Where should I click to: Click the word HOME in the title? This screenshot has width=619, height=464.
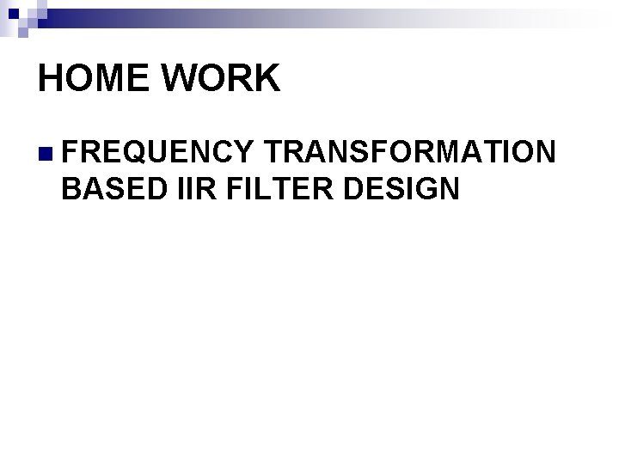(95, 78)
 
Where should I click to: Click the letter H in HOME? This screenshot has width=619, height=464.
(51, 78)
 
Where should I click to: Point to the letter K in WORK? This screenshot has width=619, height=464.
(267, 78)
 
